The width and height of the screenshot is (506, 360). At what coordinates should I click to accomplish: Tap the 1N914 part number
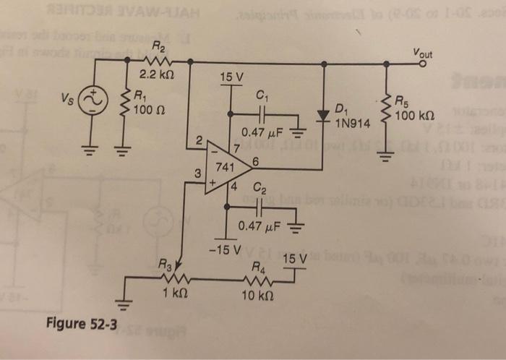coord(352,123)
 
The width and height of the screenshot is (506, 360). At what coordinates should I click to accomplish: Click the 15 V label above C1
coord(231,76)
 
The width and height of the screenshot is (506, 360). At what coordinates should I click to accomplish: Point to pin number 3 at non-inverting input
coord(194,173)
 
